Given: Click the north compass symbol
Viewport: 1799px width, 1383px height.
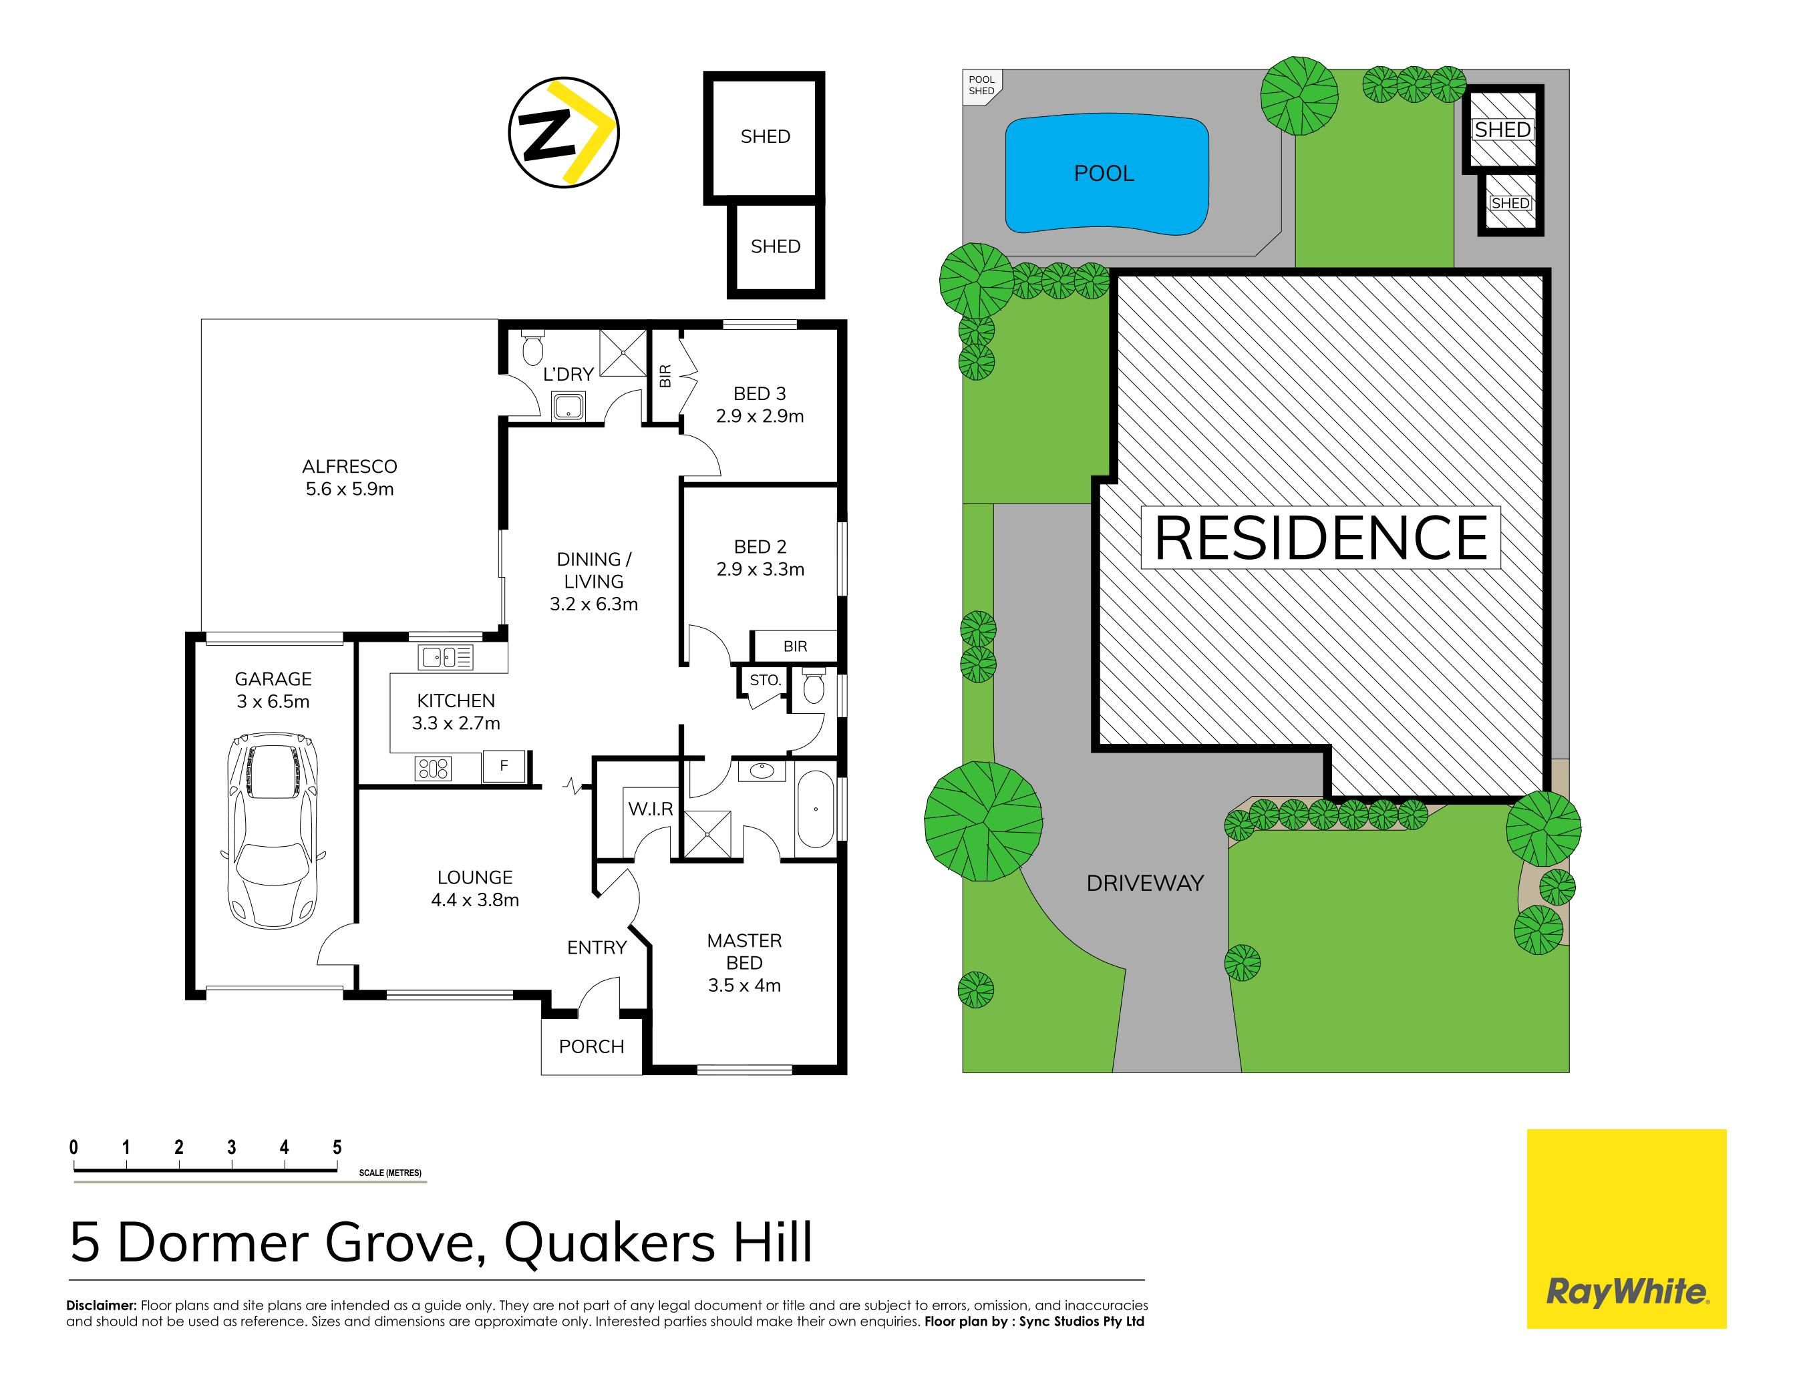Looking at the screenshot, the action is pyautogui.click(x=563, y=132).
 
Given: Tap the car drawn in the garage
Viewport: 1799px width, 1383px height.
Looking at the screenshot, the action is pyautogui.click(x=273, y=831).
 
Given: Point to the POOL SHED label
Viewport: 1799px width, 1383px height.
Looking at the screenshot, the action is pyautogui.click(x=981, y=85).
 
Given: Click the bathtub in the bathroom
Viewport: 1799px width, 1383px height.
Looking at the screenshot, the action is pyautogui.click(x=815, y=809).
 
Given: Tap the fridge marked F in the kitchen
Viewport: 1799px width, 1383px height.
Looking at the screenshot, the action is pyautogui.click(x=504, y=765).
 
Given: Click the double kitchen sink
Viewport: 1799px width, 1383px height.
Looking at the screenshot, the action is pyautogui.click(x=446, y=657).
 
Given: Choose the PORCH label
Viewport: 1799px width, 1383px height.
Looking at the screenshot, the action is pyautogui.click(x=591, y=1046).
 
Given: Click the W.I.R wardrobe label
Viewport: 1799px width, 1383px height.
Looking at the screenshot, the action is pyautogui.click(x=651, y=809).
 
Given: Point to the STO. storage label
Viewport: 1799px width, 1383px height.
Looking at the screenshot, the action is pyautogui.click(x=765, y=680).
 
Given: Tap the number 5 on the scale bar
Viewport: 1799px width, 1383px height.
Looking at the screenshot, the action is pyautogui.click(x=337, y=1147).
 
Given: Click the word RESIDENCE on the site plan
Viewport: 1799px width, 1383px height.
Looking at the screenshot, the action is pyautogui.click(x=1321, y=538).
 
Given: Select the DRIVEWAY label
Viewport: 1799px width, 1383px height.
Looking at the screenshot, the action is pyautogui.click(x=1144, y=883).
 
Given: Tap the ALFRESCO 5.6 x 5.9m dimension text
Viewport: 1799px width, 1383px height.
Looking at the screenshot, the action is pyautogui.click(x=350, y=489).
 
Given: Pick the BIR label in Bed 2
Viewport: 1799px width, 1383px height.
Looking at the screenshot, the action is pyautogui.click(x=796, y=646).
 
